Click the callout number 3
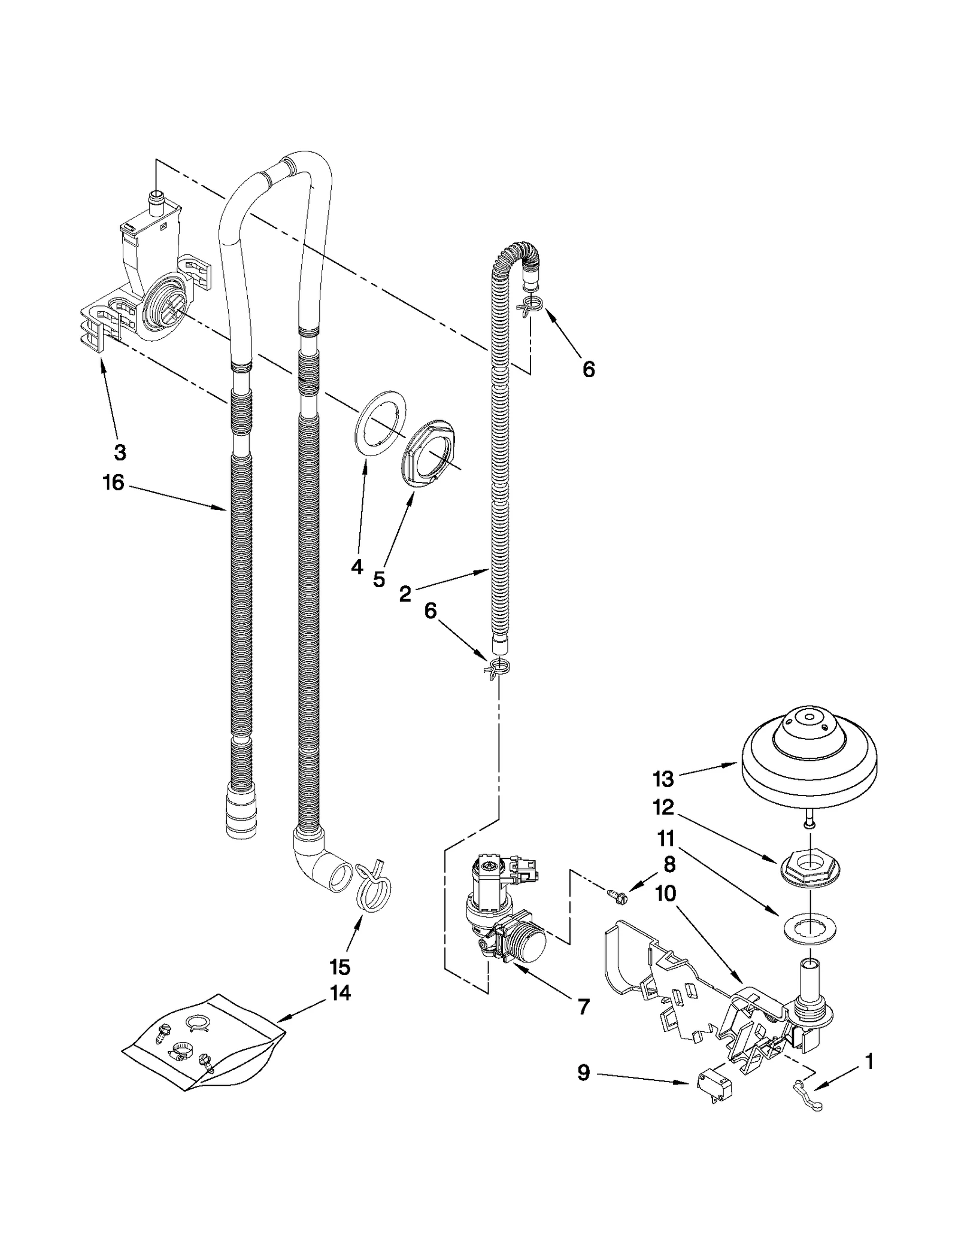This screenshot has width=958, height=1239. [120, 453]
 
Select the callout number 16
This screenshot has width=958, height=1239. [113, 482]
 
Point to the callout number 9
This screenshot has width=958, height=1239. [584, 1073]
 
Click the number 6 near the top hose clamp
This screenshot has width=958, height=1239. [589, 369]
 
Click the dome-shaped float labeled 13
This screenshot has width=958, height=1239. [810, 748]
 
